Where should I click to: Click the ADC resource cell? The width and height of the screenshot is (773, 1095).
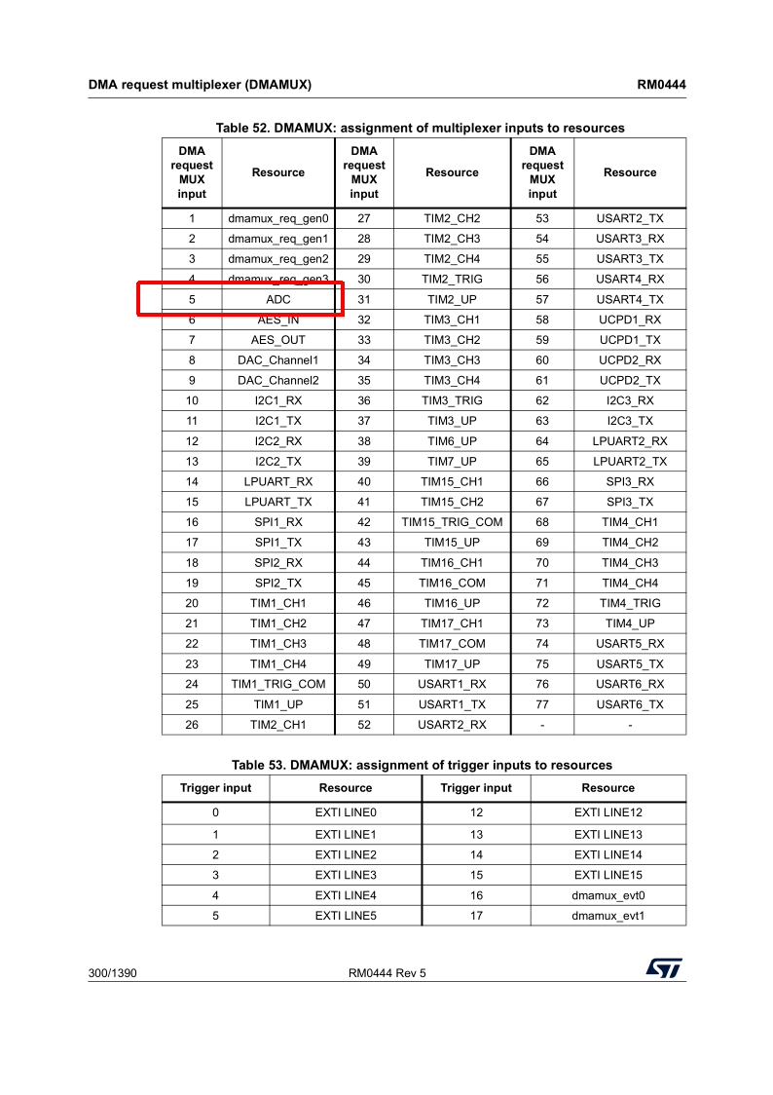[x=278, y=299]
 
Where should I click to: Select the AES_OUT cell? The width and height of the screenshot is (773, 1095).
[x=278, y=340]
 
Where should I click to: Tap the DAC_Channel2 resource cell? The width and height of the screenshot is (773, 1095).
[x=278, y=380]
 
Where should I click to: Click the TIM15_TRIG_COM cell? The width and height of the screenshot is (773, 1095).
[x=452, y=522]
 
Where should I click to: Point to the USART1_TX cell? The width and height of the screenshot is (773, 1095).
[x=452, y=704]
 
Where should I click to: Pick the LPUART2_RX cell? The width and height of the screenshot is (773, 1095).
[x=630, y=441]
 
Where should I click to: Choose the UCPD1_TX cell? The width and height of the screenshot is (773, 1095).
[x=630, y=340]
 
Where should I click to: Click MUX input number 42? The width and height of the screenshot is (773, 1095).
[x=364, y=522]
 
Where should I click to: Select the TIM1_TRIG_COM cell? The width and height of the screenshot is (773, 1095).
[x=278, y=684]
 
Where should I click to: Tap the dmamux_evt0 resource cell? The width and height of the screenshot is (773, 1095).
[x=607, y=895]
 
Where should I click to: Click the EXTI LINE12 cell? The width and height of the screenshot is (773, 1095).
[x=607, y=812]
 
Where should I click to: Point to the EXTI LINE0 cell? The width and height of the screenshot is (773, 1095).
[x=346, y=812]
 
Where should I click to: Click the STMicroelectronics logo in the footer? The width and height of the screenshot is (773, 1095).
[x=663, y=968]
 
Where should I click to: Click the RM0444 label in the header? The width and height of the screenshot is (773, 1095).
[x=661, y=85]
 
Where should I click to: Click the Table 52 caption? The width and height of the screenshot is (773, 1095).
[x=420, y=128]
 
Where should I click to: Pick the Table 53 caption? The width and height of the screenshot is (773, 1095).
[x=422, y=765]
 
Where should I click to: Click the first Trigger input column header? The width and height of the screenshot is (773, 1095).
[x=215, y=788]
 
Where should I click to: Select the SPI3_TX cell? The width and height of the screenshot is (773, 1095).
[x=630, y=502]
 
